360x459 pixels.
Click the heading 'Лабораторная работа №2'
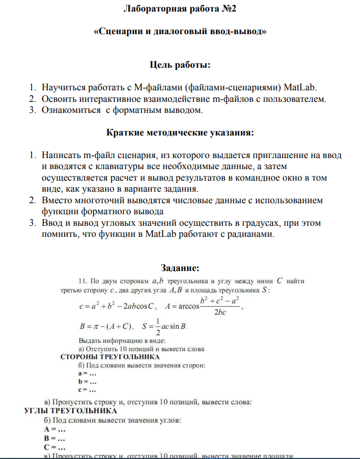pos(180,9)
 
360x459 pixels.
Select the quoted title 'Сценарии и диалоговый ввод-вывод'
pos(180,32)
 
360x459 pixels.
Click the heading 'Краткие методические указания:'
pos(180,133)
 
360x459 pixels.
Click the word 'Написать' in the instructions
pos(61,155)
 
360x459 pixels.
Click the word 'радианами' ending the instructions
pos(247,234)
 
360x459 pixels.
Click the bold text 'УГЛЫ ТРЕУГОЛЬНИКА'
pos(71,411)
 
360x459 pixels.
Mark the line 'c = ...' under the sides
pos(87,390)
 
